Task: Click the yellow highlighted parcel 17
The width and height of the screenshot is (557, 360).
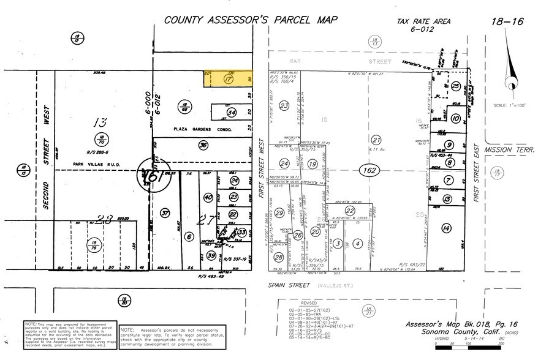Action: pos(229,79)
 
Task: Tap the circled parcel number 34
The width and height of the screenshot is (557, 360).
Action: pos(231,113)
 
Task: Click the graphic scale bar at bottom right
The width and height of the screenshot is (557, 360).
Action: pos(468,347)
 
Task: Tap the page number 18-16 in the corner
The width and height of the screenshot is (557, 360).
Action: pos(507,21)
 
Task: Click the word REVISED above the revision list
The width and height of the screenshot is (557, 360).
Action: pos(310,302)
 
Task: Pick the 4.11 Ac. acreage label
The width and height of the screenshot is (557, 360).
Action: pos(376,149)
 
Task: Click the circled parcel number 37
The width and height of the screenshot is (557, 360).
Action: pos(165,212)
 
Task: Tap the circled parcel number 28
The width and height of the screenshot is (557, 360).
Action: pos(278,258)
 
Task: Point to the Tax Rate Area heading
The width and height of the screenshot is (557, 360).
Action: pos(423,21)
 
